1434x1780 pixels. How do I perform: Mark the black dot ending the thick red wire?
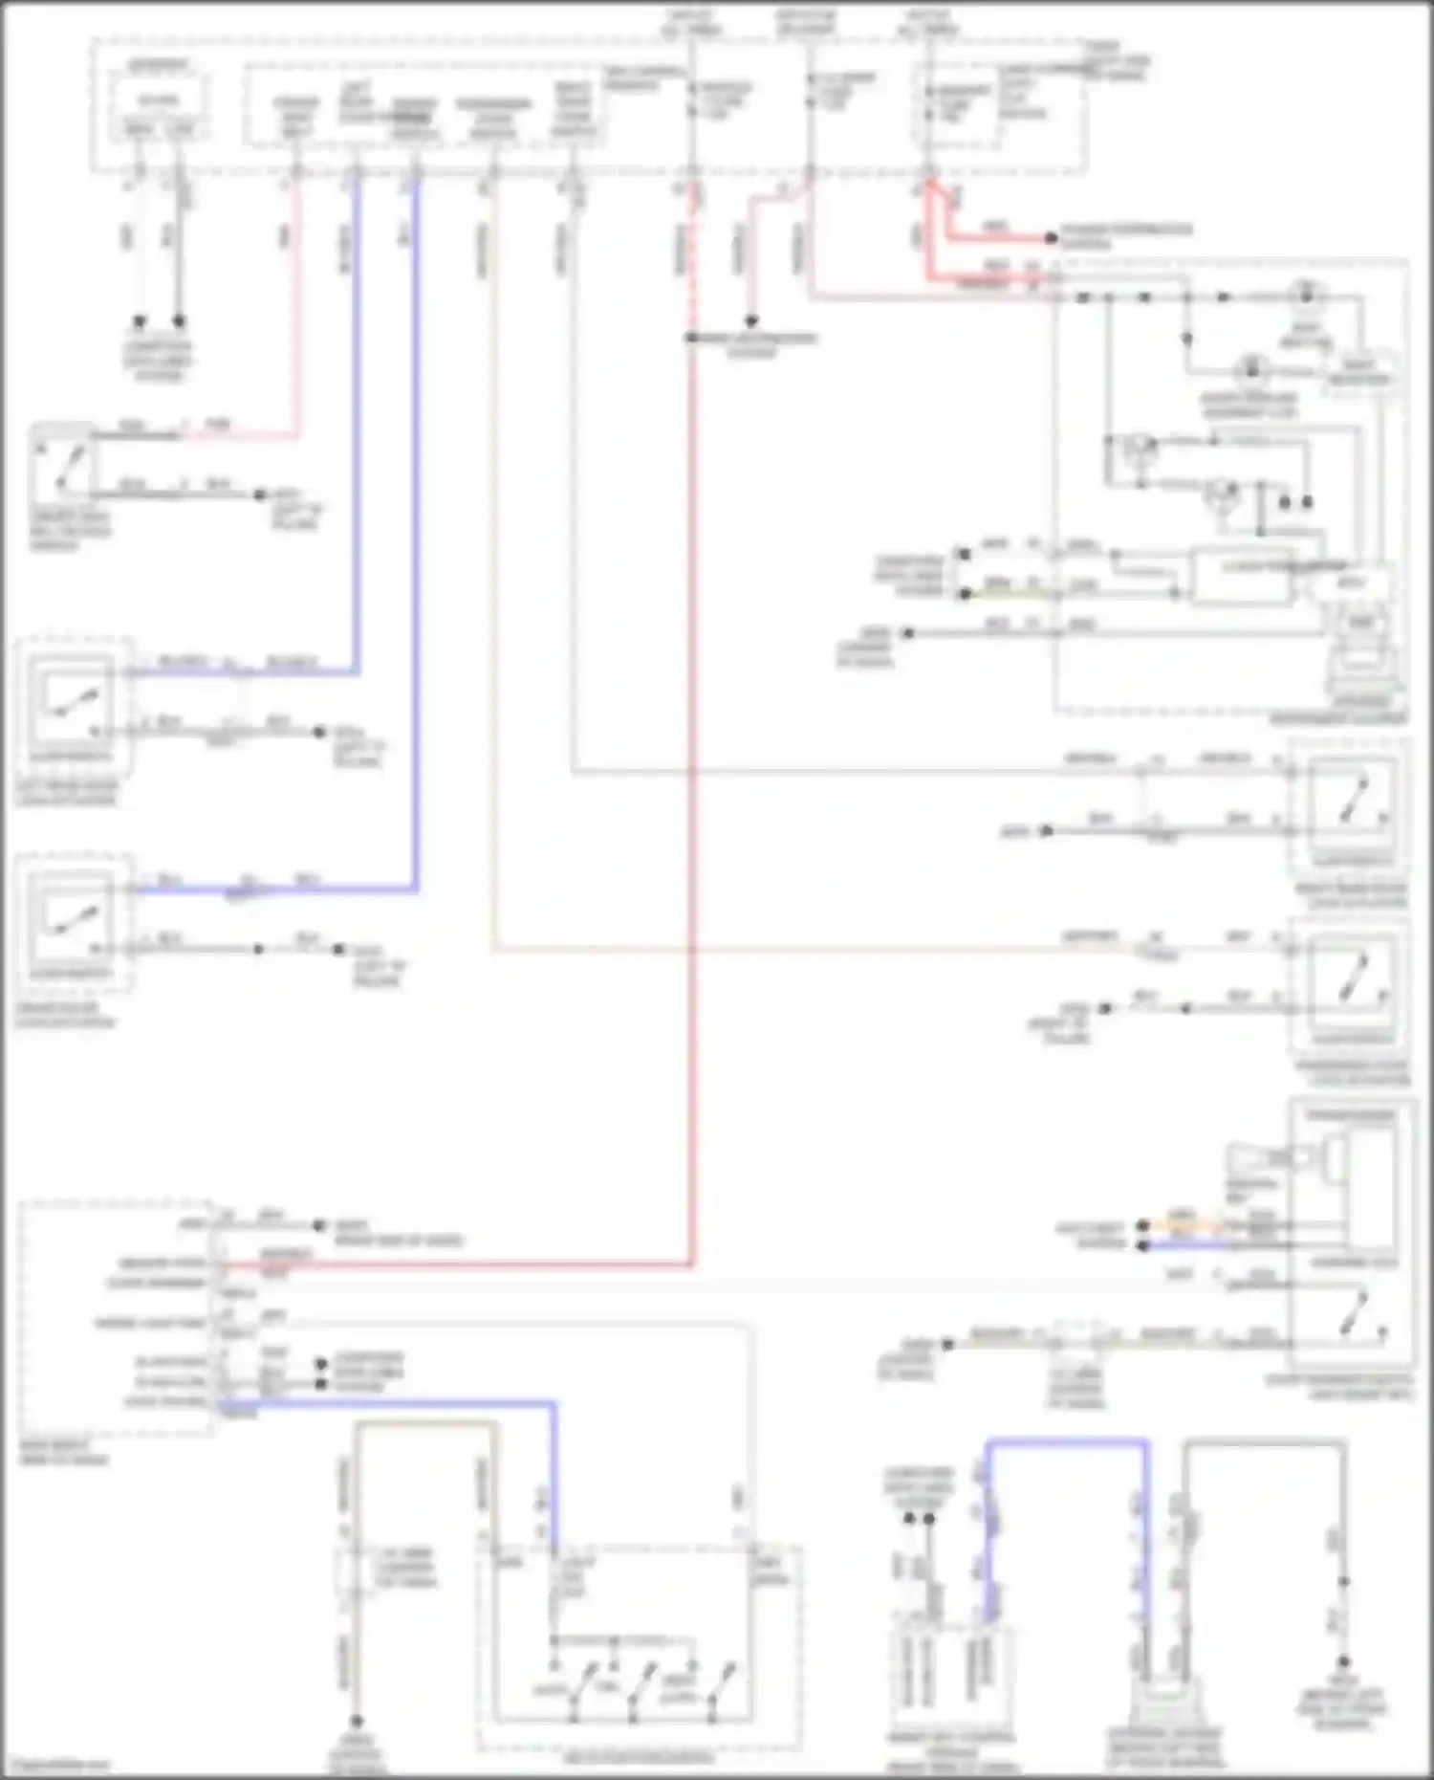(1051, 237)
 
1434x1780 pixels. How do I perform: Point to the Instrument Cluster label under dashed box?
(1338, 718)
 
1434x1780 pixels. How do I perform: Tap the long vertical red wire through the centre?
(691, 765)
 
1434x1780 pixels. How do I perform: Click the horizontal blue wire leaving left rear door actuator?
(239, 672)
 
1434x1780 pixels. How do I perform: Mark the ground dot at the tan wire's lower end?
(356, 1721)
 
